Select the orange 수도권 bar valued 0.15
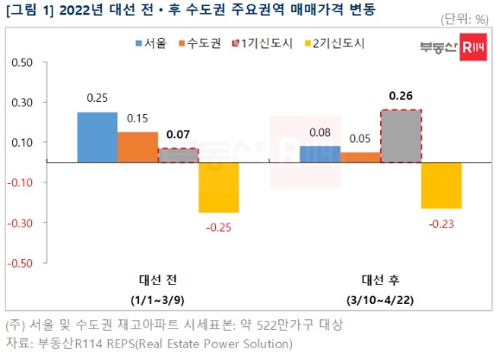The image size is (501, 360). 137,147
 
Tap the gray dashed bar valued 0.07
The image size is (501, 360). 178,155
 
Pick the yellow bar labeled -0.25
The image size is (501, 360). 219,187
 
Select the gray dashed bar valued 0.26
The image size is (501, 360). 401,136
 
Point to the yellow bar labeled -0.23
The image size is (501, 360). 441,185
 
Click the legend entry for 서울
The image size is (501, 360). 153,41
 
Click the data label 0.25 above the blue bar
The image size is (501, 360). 97,99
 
